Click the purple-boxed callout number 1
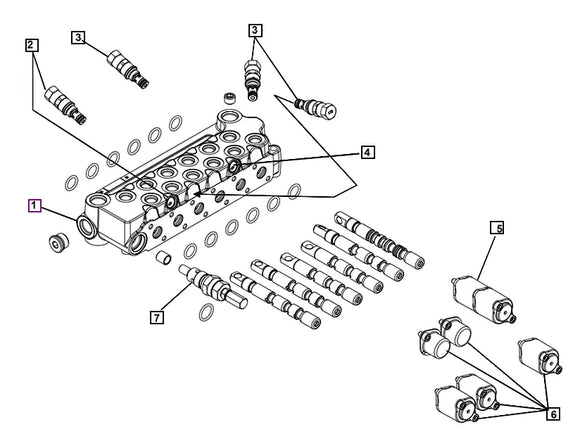(x=34, y=205)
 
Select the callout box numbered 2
(x=31, y=45)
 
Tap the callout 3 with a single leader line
(x=78, y=37)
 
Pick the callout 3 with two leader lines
(x=255, y=30)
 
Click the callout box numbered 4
(x=367, y=152)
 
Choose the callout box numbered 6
(x=553, y=414)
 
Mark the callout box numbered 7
(x=157, y=317)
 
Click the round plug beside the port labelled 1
(x=59, y=243)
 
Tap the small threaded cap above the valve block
(x=230, y=98)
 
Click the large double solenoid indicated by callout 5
(x=484, y=299)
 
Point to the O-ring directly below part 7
(x=206, y=313)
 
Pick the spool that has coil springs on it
(x=380, y=239)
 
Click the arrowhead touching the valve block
(x=197, y=194)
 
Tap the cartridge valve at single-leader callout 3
(x=128, y=69)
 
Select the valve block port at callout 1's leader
(x=87, y=226)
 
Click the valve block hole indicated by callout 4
(x=234, y=166)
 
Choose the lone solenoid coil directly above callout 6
(x=540, y=356)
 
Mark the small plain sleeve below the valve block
(x=163, y=258)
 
